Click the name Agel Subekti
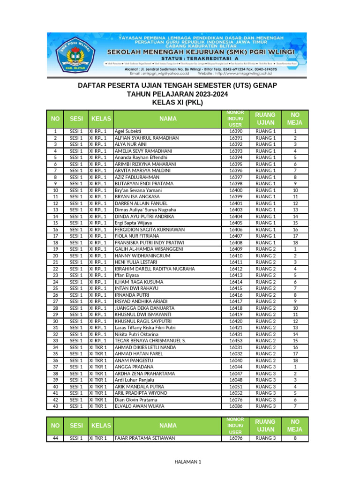pos(128,132)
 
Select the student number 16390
pos(235,132)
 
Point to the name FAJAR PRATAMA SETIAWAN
pos(145,438)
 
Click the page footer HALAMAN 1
pos(187,462)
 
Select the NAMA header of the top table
pos(168,119)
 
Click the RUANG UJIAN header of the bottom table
pos(265,426)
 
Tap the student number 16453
pos(235,341)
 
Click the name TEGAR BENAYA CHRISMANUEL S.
pos(150,341)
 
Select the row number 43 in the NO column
pos(55,406)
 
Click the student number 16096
pos(235,438)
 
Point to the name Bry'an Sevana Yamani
pos(138,191)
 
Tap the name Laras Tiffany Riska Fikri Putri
pos(145,328)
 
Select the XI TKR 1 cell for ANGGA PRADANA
pos(98,367)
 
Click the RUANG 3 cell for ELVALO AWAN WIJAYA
pos(265,406)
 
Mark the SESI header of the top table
pos(76,119)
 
